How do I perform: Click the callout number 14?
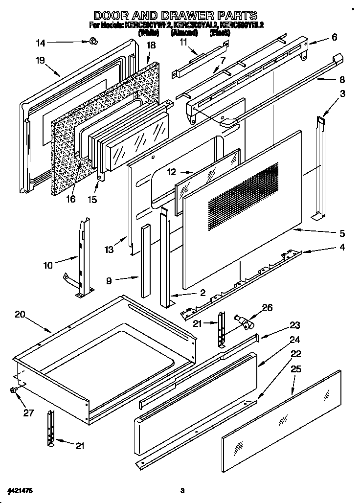point(41,43)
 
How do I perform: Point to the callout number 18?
point(151,46)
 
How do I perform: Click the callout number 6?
point(334,37)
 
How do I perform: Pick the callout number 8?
point(342,79)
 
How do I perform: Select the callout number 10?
point(47,266)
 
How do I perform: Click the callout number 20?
point(20,315)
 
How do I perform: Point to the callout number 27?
point(28,413)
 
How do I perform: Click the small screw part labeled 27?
point(13,390)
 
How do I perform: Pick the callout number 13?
point(109,250)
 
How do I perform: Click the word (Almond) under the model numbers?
point(184,33)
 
